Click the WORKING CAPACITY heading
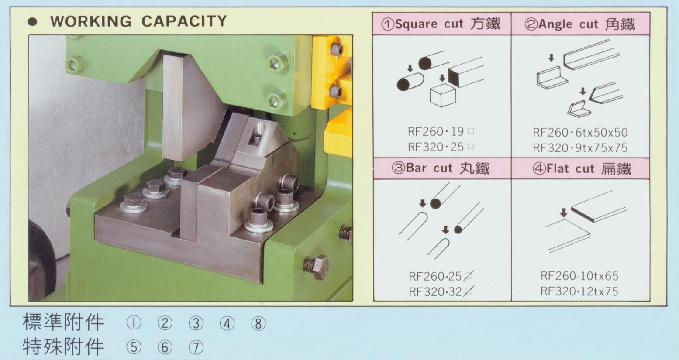[138, 21]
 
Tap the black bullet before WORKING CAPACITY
[32, 22]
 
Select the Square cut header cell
[441, 24]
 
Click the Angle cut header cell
[580, 24]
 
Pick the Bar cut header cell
[442, 168]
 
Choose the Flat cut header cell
[580, 168]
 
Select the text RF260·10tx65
[579, 276]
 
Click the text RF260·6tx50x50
[580, 132]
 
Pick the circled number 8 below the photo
[258, 323]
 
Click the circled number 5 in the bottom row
[134, 347]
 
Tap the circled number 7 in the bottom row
[196, 347]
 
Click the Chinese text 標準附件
[63, 322]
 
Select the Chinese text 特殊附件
[63, 346]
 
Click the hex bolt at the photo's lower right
[316, 267]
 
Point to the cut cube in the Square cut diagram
[443, 96]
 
